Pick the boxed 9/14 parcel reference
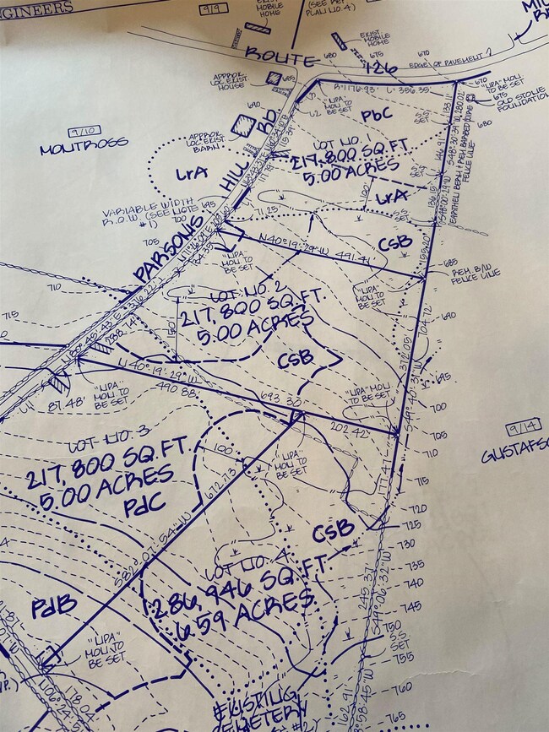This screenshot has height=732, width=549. (522, 429)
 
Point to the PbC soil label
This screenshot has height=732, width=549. (378, 114)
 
